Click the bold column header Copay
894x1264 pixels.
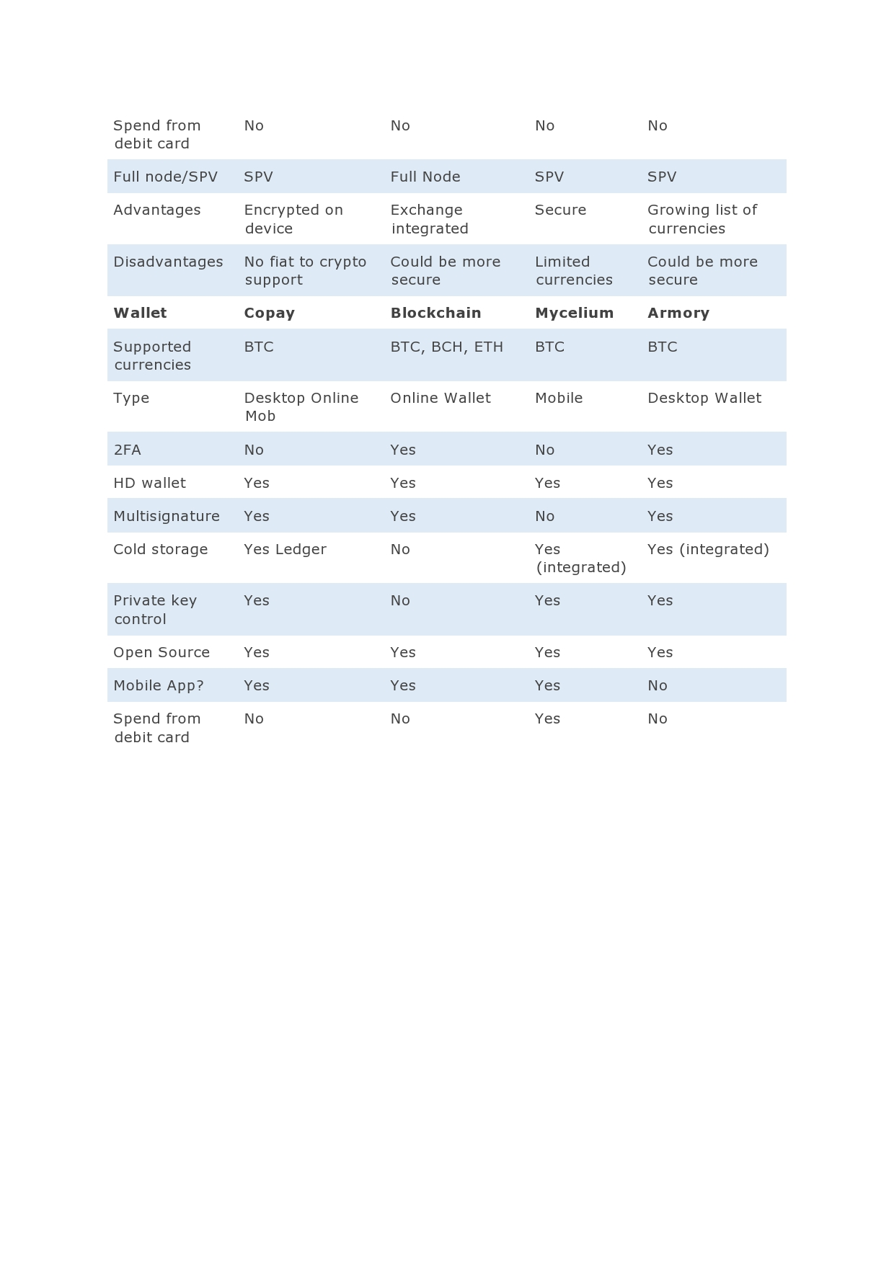[x=269, y=313]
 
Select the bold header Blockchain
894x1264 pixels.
[x=435, y=313]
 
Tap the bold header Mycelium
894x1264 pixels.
[x=574, y=313]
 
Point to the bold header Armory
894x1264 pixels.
[x=678, y=313]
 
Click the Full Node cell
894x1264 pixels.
[x=425, y=177]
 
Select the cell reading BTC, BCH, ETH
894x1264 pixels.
[x=446, y=347]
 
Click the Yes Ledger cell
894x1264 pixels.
[x=285, y=549]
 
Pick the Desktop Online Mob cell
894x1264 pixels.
[x=301, y=406]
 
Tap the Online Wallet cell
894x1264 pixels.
[x=440, y=398]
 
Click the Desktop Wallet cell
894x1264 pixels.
[x=704, y=398]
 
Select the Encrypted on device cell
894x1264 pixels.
[x=293, y=219]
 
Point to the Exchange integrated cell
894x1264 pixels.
[x=429, y=219]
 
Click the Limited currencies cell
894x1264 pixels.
[x=573, y=270]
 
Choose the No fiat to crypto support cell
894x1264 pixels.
[x=304, y=270]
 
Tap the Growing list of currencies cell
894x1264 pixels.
[x=702, y=219]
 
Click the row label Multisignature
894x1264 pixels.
[x=166, y=516]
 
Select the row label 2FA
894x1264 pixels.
[x=127, y=450]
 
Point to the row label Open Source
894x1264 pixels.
[x=161, y=652]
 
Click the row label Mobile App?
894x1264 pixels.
[x=159, y=685]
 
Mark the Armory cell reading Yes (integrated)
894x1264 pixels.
[x=708, y=549]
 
